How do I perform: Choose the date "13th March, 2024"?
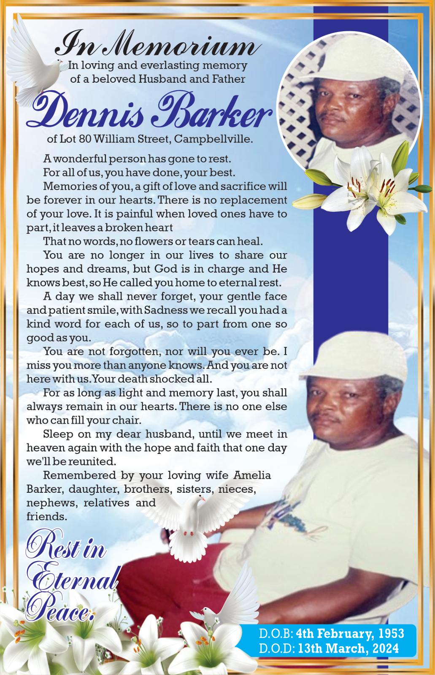tap(348, 648)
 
